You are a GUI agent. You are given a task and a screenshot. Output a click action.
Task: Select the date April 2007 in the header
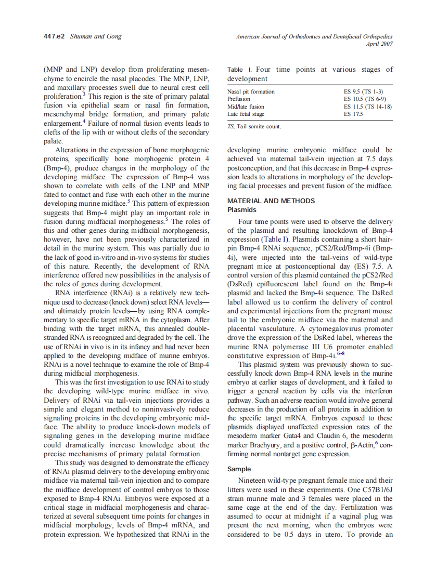[380, 44]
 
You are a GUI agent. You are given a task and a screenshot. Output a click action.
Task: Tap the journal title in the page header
[314, 36]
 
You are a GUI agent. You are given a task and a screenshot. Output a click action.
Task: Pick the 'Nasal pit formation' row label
[251, 92]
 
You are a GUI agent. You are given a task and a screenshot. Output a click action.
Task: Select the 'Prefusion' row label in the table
[239, 99]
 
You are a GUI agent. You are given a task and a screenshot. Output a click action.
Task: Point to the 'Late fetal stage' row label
[246, 114]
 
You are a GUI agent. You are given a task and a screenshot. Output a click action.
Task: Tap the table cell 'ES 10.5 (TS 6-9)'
[365, 99]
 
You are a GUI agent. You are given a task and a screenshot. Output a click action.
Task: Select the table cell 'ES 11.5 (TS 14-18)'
[368, 107]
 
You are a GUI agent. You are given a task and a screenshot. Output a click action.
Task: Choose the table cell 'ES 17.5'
[353, 114]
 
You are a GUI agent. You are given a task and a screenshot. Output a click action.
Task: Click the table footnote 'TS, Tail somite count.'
[254, 126]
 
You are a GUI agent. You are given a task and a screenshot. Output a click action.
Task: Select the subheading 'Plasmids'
[242, 209]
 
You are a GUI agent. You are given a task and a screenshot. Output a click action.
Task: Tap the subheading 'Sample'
[239, 469]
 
